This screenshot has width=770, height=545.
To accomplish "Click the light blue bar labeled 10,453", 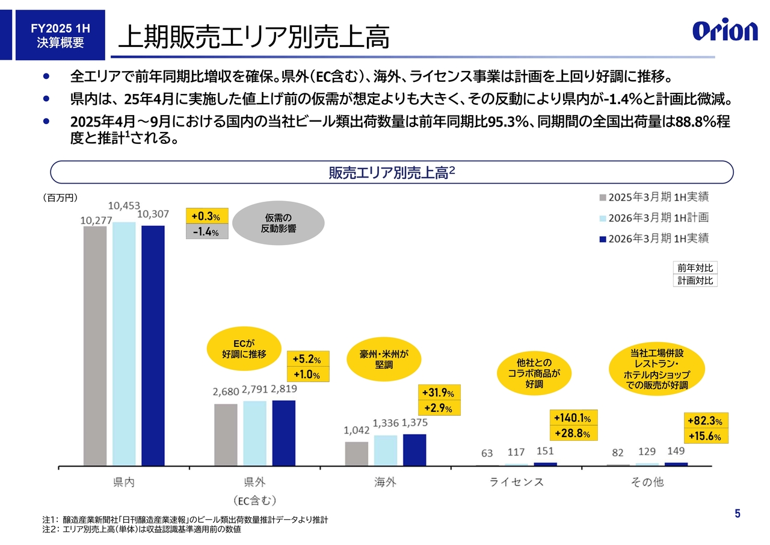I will click(x=124, y=343).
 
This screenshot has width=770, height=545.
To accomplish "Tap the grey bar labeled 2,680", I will click(x=226, y=435).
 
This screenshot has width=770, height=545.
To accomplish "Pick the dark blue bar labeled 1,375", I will click(x=414, y=450).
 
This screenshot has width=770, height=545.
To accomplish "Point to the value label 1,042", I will click(x=356, y=431).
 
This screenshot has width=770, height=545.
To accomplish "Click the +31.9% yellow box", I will click(x=439, y=393).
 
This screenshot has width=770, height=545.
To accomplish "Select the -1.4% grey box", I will click(x=206, y=231).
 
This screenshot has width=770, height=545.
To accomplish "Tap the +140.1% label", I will click(x=571, y=418).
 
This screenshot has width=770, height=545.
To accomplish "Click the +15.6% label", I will click(x=706, y=436).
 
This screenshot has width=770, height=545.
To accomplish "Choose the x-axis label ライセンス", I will click(x=516, y=482).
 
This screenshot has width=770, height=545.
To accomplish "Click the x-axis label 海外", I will click(x=385, y=482).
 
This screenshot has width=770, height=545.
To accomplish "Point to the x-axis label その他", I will click(x=647, y=482).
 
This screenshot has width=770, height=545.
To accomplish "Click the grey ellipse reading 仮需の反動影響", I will click(x=278, y=223).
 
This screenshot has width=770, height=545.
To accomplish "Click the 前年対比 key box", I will click(x=694, y=268).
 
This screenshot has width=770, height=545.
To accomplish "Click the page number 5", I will click(x=738, y=514).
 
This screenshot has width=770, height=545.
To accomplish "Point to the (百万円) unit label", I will click(x=61, y=197).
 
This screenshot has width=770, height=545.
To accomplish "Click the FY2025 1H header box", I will click(x=60, y=35).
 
